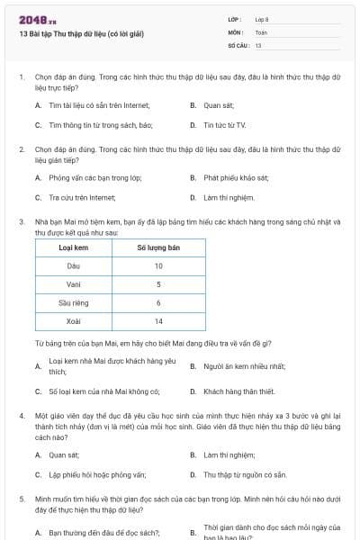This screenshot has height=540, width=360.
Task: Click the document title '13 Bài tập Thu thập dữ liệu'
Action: [81, 34]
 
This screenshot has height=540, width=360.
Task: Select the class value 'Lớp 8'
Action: [262, 19]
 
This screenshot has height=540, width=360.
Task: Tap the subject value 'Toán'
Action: [261, 31]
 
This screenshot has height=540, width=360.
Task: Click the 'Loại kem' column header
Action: [73, 247]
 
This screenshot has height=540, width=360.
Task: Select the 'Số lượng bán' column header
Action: [157, 247]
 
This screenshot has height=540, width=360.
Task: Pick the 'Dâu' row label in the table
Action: [74, 265]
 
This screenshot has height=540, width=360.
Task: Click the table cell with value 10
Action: [157, 265]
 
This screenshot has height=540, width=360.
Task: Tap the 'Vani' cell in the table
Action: [74, 284]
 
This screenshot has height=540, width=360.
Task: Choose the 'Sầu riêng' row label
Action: [74, 302]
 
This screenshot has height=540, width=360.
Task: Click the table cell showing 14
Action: [157, 321]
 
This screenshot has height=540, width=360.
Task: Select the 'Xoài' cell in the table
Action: [74, 321]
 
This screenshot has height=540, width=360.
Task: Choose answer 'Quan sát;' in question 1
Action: [218, 105]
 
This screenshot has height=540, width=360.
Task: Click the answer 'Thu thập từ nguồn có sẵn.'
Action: [245, 474]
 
